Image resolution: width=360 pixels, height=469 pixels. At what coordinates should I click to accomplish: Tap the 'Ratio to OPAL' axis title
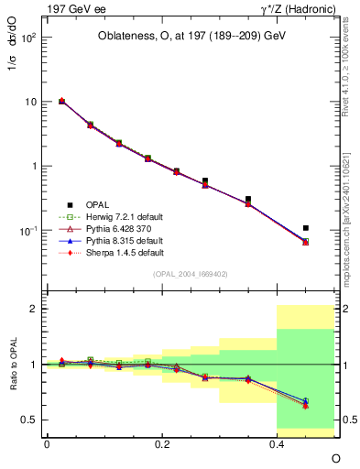point(13,365)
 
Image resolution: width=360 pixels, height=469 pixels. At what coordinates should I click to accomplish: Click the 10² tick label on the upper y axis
point(28,38)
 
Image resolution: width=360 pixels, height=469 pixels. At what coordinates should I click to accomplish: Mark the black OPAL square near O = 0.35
point(248,199)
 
